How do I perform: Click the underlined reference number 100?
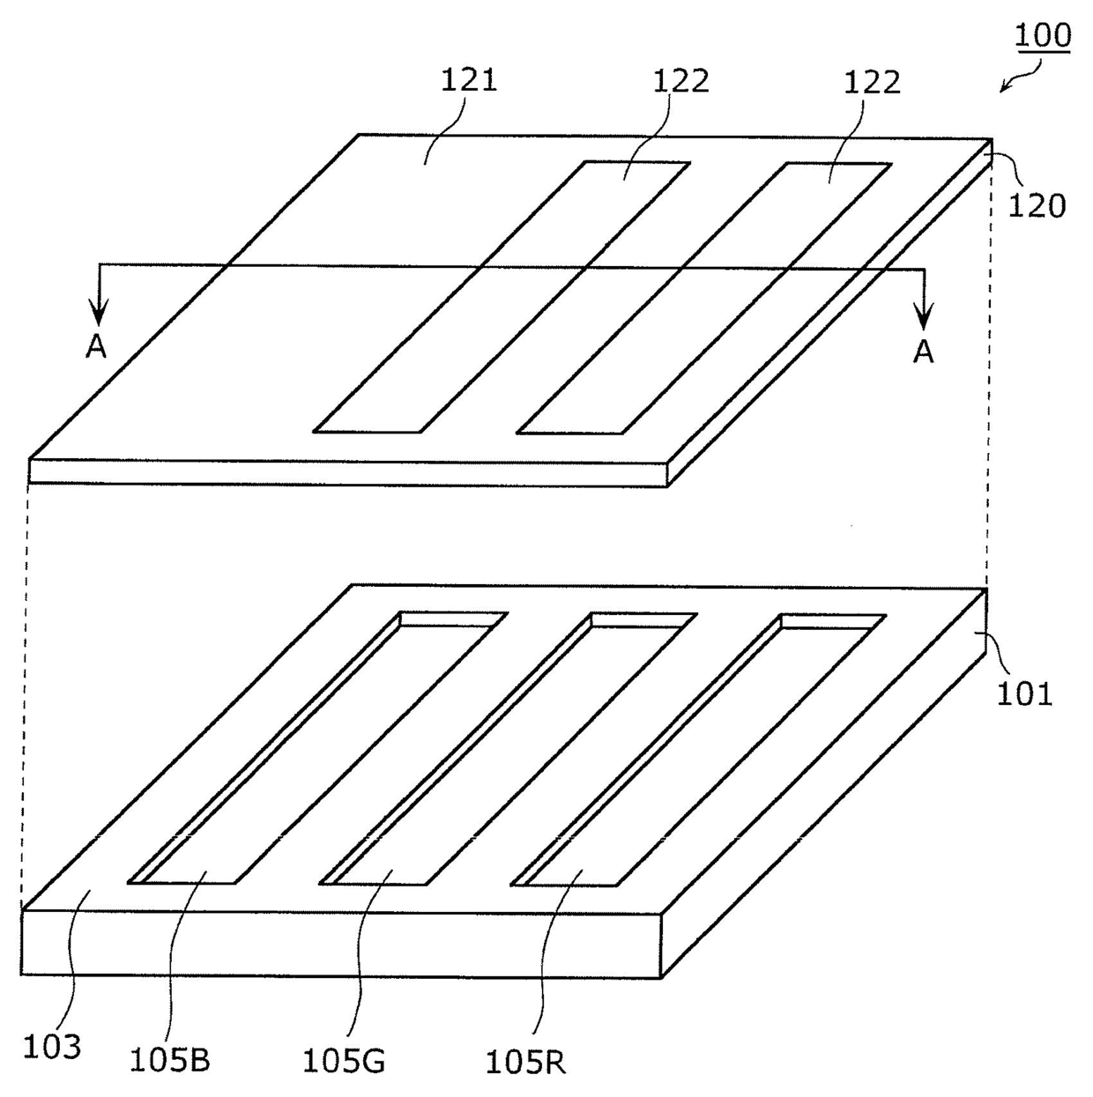coord(1043,36)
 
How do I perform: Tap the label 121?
coord(469,80)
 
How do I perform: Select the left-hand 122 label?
coord(681,81)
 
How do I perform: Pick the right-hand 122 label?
coord(872,83)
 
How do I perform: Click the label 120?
coord(1037,206)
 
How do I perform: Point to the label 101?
coord(1024,694)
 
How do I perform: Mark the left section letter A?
coord(96,345)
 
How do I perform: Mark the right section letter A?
coord(923,352)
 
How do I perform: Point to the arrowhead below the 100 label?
coord(1005,86)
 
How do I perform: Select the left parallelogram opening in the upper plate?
coord(502,297)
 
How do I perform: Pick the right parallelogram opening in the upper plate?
coord(704,299)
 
